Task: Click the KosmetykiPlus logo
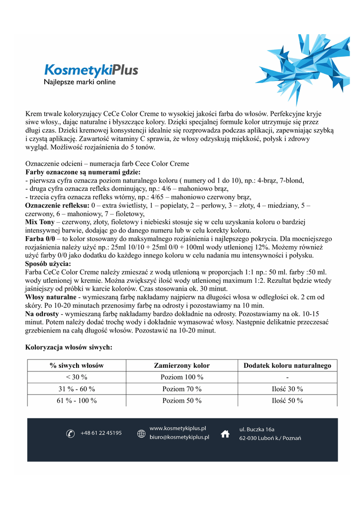[x=91, y=70]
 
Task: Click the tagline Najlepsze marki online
[x=80, y=82]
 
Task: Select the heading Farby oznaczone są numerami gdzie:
[x=83, y=172]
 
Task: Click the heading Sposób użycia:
[x=48, y=264]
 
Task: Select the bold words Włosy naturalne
[x=50, y=297]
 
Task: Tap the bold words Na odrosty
[x=42, y=314]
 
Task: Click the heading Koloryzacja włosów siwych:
[x=69, y=347]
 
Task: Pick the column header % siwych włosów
[x=77, y=366]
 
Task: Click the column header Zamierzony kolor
[x=182, y=366]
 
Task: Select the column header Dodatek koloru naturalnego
[x=287, y=366]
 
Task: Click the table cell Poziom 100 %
[x=182, y=377]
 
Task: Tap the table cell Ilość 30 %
[x=287, y=389]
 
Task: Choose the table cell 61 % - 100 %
[x=77, y=401]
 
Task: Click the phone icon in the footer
[x=70, y=434]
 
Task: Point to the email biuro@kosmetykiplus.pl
[x=180, y=437]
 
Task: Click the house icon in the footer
[x=225, y=433]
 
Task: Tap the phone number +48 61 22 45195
[x=101, y=433]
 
